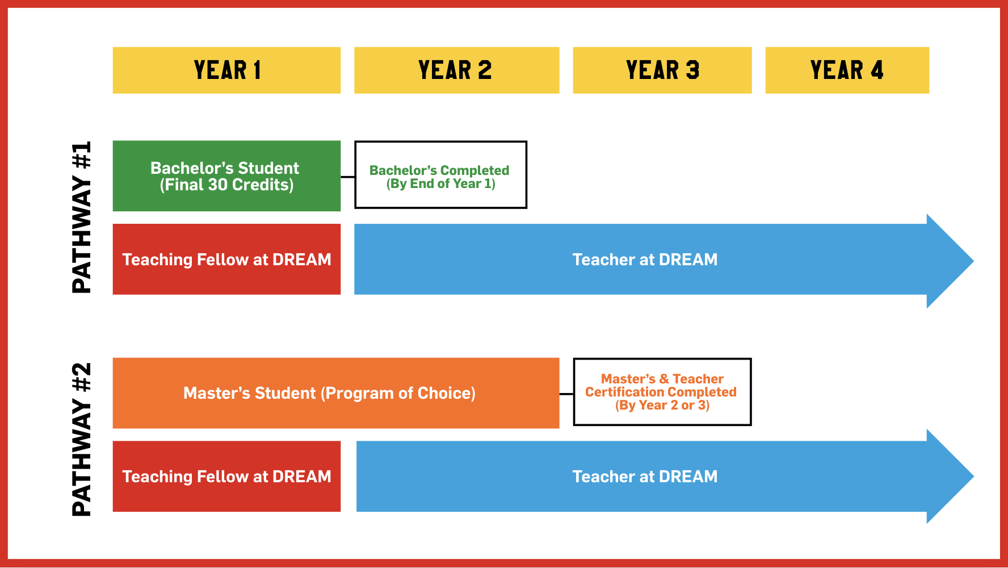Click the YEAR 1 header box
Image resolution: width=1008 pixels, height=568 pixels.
(x=226, y=70)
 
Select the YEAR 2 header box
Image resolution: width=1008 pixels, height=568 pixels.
(x=456, y=70)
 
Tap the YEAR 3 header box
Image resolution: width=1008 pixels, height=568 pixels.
(x=662, y=70)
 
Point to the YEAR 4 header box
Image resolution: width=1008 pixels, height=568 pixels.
(x=847, y=70)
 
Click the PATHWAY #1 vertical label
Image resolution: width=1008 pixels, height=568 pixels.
(x=82, y=218)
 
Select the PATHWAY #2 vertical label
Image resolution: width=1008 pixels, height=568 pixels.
(x=82, y=440)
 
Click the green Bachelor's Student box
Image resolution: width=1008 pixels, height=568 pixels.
(x=226, y=176)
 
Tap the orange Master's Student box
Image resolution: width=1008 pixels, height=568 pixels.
(x=336, y=393)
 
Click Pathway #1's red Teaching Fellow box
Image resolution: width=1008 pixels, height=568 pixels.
(x=226, y=259)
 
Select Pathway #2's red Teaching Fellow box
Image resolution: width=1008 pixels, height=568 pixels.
(x=226, y=476)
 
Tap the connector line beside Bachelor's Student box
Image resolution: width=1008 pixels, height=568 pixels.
(x=347, y=177)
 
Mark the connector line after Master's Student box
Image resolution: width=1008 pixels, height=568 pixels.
(x=566, y=394)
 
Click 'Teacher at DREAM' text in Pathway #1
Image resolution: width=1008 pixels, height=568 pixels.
(x=645, y=260)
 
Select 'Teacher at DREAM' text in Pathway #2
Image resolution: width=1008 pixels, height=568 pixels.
(x=645, y=477)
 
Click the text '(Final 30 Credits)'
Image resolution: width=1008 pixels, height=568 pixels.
(x=226, y=185)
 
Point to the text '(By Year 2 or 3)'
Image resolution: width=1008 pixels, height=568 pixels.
(x=662, y=406)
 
